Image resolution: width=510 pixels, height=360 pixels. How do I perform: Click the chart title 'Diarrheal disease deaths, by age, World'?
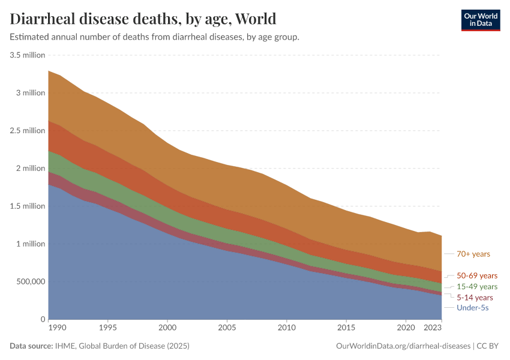tap(143, 19)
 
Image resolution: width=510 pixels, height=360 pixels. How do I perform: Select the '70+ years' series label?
tap(473, 254)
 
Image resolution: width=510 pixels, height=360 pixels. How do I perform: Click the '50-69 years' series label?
tap(477, 276)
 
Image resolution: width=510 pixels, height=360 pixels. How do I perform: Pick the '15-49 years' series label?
tap(477, 287)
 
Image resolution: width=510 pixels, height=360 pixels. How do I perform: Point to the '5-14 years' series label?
tap(475, 298)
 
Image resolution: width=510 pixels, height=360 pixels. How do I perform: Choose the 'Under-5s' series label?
tap(473, 308)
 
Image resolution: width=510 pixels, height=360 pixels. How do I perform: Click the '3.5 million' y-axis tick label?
tap(28, 55)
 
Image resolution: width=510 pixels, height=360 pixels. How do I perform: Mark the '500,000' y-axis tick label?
tap(28, 281)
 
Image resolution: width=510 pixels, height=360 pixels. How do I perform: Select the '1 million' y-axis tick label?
tap(30, 244)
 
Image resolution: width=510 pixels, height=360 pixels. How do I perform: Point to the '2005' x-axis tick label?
tap(227, 328)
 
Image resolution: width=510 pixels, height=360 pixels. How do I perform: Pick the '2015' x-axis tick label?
tap(346, 328)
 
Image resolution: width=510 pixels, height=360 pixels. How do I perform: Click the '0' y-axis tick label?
tap(43, 319)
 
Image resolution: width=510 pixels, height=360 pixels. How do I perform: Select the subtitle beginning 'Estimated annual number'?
tap(155, 37)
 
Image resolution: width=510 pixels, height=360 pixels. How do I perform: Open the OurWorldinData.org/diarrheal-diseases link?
tap(404, 346)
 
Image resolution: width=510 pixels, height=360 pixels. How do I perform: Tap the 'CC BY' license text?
tap(488, 346)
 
